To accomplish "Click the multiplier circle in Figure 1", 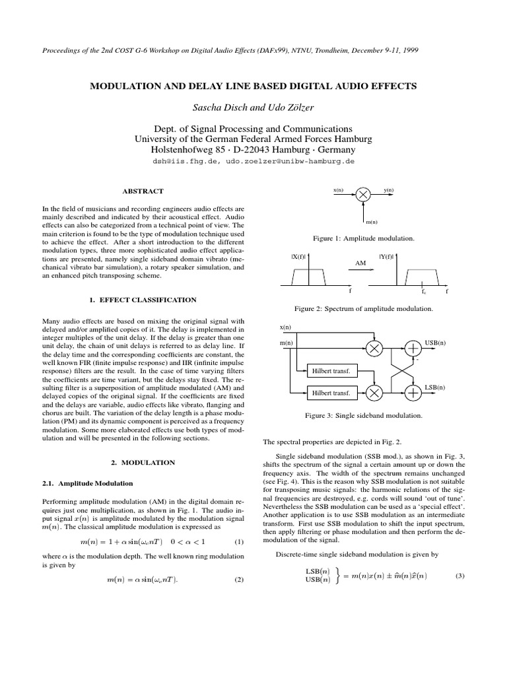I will [364, 193].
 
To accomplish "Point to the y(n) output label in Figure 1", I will [388, 190].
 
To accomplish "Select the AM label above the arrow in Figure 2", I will [360, 262].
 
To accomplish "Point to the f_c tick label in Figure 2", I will [424, 291].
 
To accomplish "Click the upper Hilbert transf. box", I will [331, 371].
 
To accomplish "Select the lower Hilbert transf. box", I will [331, 393].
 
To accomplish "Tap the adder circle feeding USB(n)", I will [413, 349].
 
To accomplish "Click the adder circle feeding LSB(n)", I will [413, 393].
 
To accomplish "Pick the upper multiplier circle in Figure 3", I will [374, 349].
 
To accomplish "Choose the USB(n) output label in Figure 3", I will [435, 343].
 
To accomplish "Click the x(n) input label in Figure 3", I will [285, 327].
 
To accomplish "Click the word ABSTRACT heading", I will [143, 191].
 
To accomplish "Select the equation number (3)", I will [461, 576].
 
